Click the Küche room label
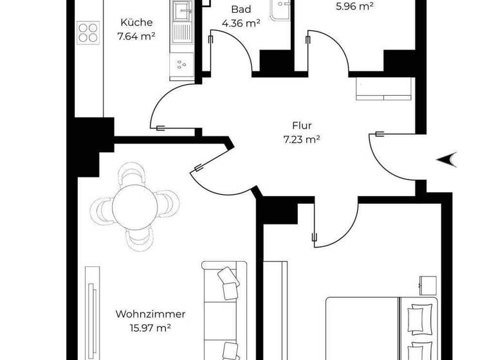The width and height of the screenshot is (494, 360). click(x=136, y=22)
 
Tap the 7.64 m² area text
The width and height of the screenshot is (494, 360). click(x=136, y=37)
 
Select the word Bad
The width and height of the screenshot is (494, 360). click(x=241, y=10)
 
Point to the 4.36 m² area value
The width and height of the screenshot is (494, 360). click(x=241, y=24)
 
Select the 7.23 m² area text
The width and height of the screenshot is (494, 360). click(x=301, y=139)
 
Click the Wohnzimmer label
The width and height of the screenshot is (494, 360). click(x=151, y=314)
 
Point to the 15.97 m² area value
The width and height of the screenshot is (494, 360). click(x=151, y=328)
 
